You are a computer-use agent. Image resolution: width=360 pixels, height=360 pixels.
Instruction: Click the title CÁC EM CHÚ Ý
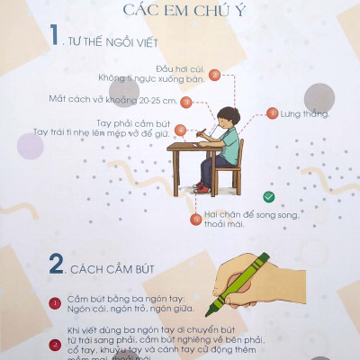click(x=180, y=11)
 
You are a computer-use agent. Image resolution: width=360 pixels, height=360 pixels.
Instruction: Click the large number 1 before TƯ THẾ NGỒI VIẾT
click(x=56, y=36)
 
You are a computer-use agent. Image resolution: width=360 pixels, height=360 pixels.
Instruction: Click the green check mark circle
click(x=267, y=196)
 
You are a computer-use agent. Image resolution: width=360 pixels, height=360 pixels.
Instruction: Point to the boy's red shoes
click(x=203, y=187)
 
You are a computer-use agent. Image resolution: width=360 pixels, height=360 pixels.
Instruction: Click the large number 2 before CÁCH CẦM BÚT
click(x=57, y=265)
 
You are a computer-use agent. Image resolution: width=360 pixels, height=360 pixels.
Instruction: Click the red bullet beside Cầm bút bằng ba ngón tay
click(x=55, y=302)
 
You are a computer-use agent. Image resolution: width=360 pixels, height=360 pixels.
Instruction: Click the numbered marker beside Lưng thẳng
click(x=273, y=113)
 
